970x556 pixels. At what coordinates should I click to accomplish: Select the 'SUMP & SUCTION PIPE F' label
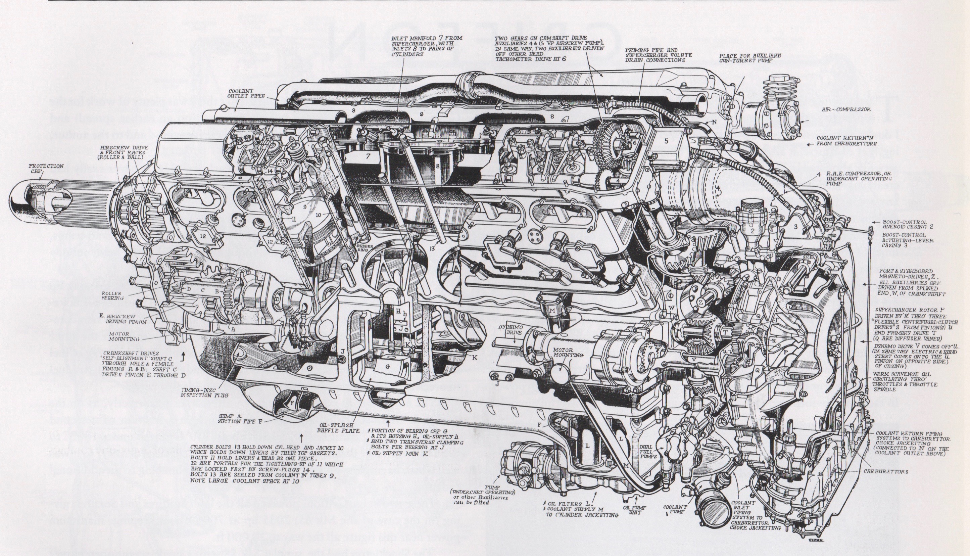tap(234, 418)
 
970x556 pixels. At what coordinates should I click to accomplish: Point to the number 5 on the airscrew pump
tap(666, 141)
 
